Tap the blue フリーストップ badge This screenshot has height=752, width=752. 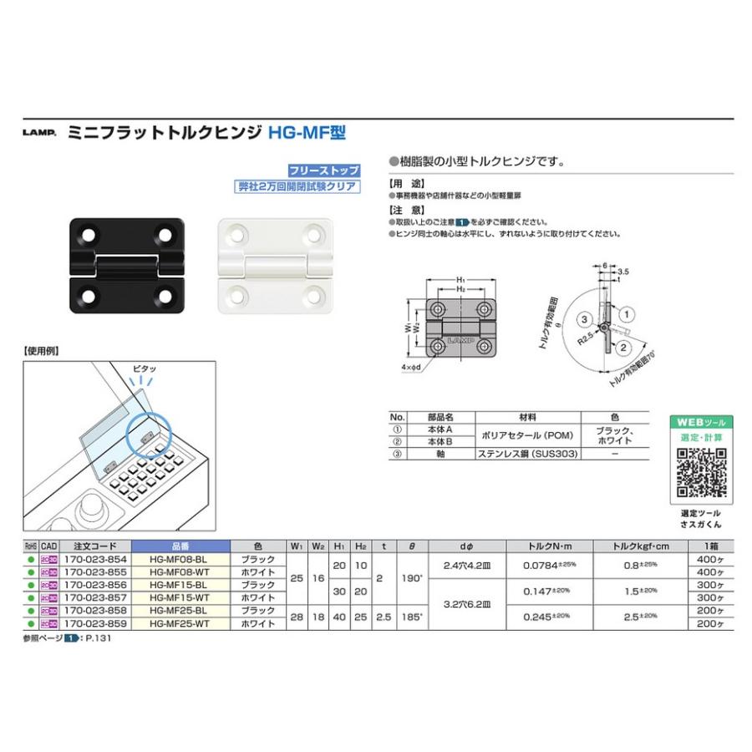point(324,170)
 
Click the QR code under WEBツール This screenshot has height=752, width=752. point(701,473)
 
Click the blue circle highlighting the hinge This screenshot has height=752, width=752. point(149,434)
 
